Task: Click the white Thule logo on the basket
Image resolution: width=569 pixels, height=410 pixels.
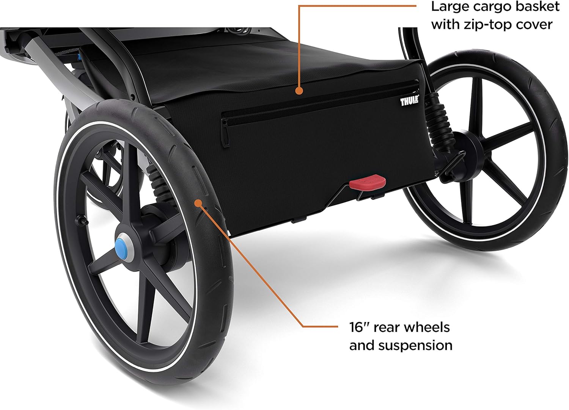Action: point(409,100)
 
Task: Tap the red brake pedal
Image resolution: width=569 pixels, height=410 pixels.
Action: point(368,182)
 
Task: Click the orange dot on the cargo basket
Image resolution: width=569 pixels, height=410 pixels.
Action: point(299,91)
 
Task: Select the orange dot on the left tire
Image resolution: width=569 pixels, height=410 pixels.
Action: point(198,203)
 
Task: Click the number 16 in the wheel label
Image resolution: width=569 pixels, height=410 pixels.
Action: point(356,327)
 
